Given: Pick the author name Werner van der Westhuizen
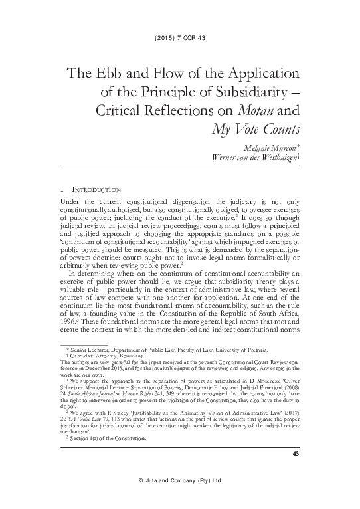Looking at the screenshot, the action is pyautogui.click(x=244, y=158).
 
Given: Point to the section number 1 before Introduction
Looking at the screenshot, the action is pyautogui.click(x=62, y=191).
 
